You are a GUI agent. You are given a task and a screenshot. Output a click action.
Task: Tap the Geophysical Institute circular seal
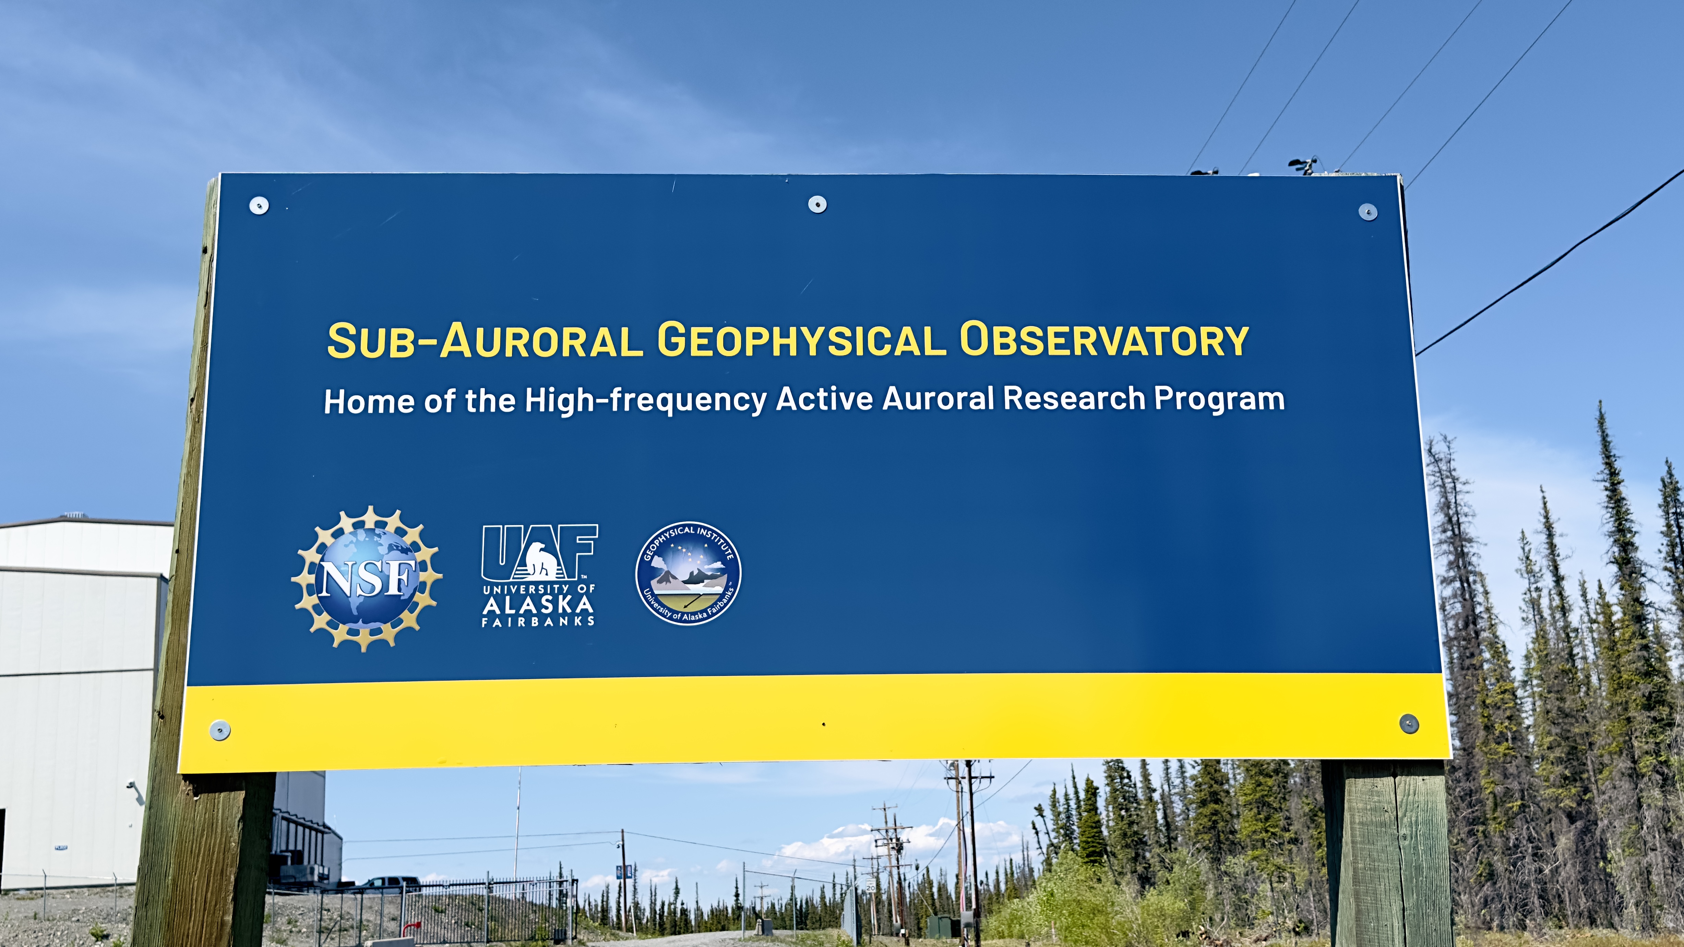(688, 573)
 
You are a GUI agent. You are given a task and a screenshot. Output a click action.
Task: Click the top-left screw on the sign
(259, 205)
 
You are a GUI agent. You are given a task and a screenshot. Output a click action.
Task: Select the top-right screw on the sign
(1367, 212)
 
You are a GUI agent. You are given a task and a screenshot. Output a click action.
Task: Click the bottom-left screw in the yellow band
(220, 730)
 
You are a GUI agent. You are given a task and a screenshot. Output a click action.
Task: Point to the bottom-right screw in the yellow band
(1409, 724)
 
